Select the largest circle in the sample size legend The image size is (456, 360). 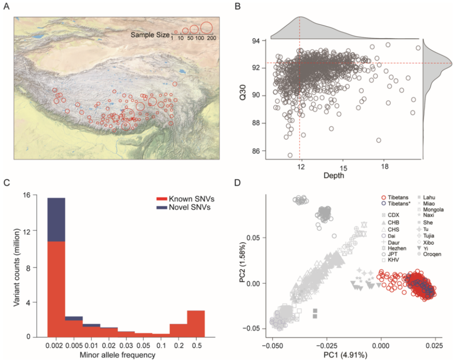(x=206, y=28)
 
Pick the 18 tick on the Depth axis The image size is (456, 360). (x=384, y=167)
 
